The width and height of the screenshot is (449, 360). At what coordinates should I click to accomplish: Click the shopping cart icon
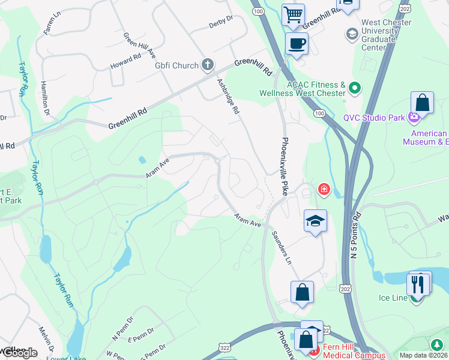click(x=293, y=14)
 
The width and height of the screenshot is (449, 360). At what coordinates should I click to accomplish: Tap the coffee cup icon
click(x=297, y=43)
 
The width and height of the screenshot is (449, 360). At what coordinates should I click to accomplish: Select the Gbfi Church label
click(x=176, y=65)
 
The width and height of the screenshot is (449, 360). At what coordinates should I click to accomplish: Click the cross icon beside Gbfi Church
click(x=208, y=64)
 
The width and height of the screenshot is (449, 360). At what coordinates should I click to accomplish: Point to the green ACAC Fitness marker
click(x=354, y=88)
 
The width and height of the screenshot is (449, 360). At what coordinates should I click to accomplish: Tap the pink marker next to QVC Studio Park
click(x=414, y=117)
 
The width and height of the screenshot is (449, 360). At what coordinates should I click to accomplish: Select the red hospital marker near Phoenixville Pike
click(x=324, y=190)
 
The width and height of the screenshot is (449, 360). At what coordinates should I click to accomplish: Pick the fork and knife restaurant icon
click(x=418, y=283)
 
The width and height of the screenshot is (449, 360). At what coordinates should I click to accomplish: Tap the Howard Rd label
click(x=125, y=61)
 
